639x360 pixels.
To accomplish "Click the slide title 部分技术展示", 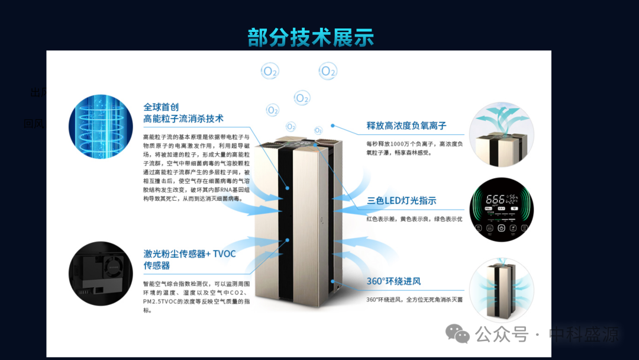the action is [x=311, y=37].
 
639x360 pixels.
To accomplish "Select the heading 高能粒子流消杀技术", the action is [x=183, y=119].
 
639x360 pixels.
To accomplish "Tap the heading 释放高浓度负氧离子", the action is [x=406, y=126].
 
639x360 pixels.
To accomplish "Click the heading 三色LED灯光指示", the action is [x=402, y=201].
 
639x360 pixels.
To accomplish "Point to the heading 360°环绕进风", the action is [x=394, y=281].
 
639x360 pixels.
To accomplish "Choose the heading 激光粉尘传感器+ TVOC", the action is [x=189, y=253].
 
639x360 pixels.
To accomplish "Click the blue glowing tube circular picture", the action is [x=101, y=126].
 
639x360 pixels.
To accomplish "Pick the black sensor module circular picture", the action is [x=101, y=274].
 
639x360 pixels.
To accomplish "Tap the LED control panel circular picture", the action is [x=502, y=210].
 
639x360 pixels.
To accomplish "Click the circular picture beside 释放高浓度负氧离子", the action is [x=502, y=134].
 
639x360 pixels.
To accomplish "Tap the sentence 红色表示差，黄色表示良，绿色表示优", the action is [x=414, y=219].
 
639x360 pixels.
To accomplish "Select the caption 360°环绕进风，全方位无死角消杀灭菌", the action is [x=414, y=300].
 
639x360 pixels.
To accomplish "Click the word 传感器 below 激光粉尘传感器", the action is [x=157, y=266].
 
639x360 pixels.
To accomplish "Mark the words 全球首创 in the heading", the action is [x=161, y=107].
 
